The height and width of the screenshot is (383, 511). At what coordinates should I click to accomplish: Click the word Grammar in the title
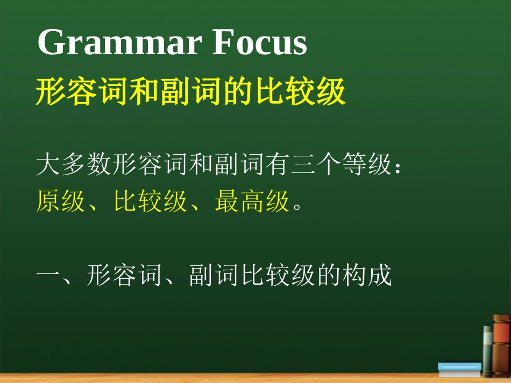[x=119, y=42]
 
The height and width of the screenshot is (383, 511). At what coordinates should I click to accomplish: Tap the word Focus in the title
[x=259, y=42]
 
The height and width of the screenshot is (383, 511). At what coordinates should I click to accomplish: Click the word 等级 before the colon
[x=366, y=164]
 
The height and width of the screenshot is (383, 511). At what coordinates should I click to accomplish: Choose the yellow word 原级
[x=61, y=201]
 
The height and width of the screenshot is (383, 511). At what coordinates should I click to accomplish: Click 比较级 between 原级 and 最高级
[x=150, y=201]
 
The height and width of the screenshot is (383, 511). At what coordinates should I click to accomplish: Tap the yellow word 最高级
[x=252, y=201]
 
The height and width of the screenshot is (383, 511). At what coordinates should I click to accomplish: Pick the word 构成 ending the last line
[x=367, y=275]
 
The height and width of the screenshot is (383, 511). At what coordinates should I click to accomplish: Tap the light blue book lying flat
[x=459, y=369]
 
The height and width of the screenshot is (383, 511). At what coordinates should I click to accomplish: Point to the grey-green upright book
[x=488, y=351]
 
